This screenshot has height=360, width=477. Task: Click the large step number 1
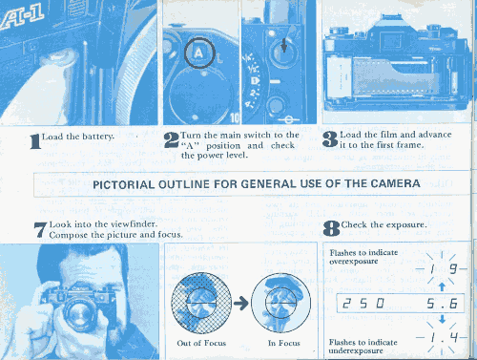(35, 141)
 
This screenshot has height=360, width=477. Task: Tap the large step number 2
(172, 140)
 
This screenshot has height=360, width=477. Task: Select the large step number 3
(330, 139)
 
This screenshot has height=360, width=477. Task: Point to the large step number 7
(40, 229)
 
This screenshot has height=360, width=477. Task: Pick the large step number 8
(331, 228)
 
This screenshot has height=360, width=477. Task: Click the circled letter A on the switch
(198, 53)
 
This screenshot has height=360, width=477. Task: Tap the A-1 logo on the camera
(21, 20)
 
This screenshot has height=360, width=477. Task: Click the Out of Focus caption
(201, 343)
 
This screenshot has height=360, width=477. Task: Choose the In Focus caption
(284, 343)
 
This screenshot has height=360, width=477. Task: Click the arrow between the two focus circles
(240, 303)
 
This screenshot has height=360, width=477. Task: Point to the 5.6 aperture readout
(443, 304)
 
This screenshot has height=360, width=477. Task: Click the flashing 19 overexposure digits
(444, 269)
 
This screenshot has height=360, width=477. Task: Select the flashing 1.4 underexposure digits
(445, 337)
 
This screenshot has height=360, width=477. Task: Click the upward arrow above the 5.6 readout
(442, 286)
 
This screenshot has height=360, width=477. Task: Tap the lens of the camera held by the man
(77, 312)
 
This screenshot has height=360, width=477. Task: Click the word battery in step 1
(97, 137)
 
